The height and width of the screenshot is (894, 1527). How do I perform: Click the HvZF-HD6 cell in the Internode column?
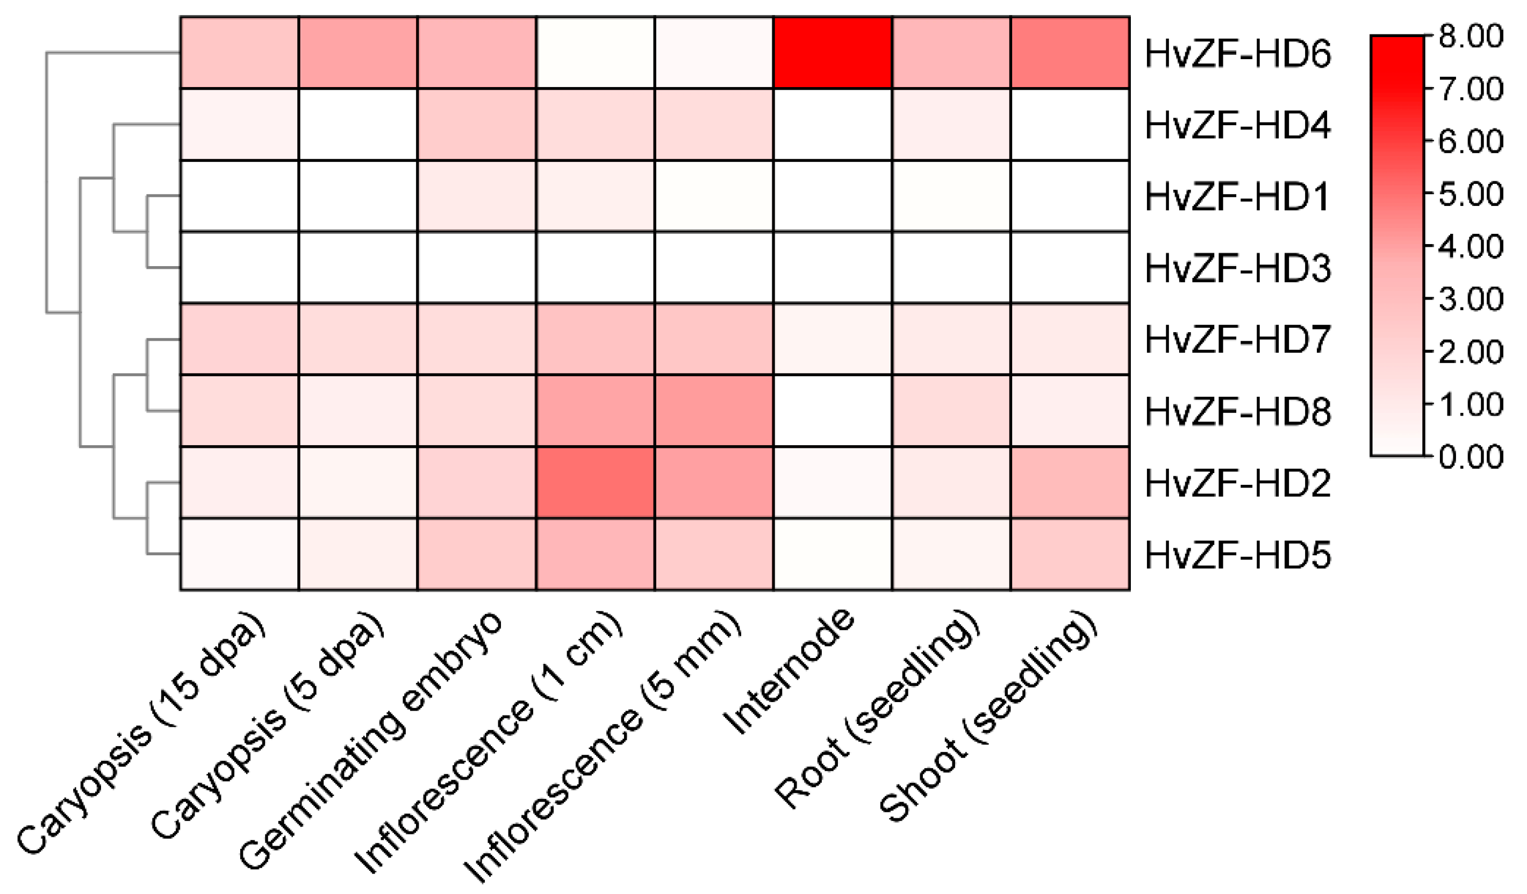tap(833, 53)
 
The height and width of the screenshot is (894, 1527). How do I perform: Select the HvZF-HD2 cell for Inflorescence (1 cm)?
tap(595, 482)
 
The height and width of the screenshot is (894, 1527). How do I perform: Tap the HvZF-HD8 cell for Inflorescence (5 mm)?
tap(714, 411)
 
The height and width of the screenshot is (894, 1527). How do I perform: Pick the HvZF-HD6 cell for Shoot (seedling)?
tap(1070, 53)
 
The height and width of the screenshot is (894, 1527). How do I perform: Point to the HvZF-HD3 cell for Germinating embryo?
tap(476, 267)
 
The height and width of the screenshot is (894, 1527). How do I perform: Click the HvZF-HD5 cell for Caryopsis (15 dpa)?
tap(239, 554)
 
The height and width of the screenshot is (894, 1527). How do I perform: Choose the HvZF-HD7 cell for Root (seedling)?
tap(951, 339)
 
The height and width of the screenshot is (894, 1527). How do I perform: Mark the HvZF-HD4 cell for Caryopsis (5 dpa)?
tap(358, 124)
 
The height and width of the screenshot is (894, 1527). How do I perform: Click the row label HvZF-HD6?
tap(1237, 53)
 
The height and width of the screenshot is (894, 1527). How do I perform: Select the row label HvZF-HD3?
tap(1237, 268)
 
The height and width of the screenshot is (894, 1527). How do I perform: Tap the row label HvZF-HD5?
tap(1237, 555)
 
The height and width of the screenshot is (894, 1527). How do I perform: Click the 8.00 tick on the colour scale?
tap(1470, 37)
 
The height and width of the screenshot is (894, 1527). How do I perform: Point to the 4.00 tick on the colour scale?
tap(1470, 246)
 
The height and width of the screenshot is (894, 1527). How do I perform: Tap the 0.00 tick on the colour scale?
tap(1470, 456)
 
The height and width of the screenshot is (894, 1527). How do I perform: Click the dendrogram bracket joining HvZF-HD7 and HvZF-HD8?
tap(147, 376)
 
